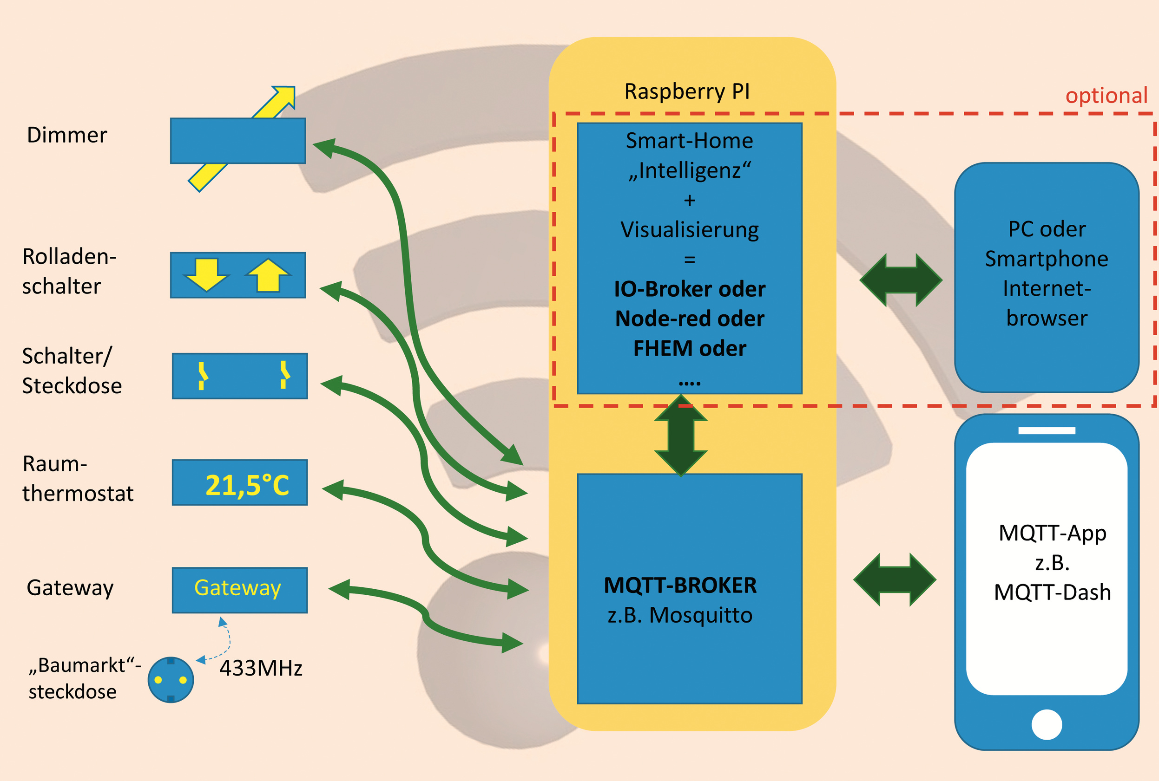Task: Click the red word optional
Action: [x=1106, y=96]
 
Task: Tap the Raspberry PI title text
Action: [x=687, y=91]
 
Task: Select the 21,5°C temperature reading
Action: [x=247, y=485]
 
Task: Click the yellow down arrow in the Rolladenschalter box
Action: [x=206, y=274]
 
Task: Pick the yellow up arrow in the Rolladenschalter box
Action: [x=268, y=274]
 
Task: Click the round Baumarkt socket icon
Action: [x=171, y=680]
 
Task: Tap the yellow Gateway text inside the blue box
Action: [x=237, y=588]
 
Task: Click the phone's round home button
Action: [x=1047, y=725]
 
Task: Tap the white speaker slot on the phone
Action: [x=1047, y=430]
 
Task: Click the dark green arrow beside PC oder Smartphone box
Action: [x=901, y=280]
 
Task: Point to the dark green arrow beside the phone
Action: [x=895, y=580]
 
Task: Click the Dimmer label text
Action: [x=67, y=136]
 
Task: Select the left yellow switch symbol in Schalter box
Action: [x=202, y=376]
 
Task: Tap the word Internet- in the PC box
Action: [x=1047, y=289]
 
